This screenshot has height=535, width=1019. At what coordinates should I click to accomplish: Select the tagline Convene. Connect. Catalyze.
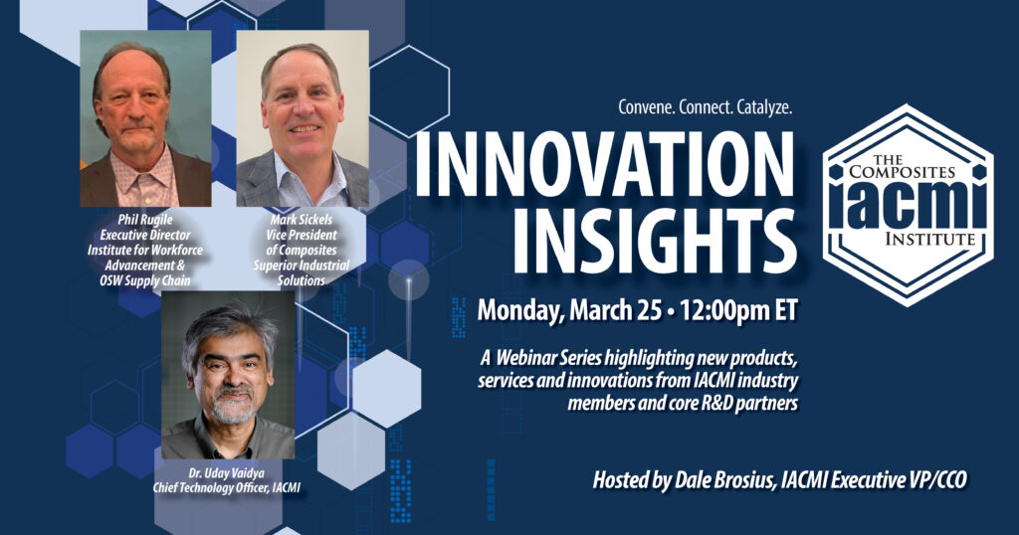706,107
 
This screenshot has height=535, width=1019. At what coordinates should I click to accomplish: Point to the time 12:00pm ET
738,311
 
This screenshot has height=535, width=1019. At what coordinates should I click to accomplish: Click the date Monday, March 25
569,311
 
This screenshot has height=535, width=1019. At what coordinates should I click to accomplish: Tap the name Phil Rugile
145,220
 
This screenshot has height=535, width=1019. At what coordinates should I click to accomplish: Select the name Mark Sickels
302,220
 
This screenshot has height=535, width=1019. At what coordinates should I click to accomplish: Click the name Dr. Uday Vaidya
226,474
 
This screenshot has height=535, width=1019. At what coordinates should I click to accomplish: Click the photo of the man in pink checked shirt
145,118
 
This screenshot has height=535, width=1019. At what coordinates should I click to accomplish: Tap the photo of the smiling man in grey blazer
303,118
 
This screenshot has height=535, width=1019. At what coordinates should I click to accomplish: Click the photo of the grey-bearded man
228,375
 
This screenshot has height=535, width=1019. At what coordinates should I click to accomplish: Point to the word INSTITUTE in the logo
930,239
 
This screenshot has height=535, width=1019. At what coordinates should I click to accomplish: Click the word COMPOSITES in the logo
902,172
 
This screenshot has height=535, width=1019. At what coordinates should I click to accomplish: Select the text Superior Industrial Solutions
302,272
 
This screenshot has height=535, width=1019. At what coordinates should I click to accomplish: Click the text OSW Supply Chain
145,280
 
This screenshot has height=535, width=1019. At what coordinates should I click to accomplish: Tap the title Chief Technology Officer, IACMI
226,488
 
